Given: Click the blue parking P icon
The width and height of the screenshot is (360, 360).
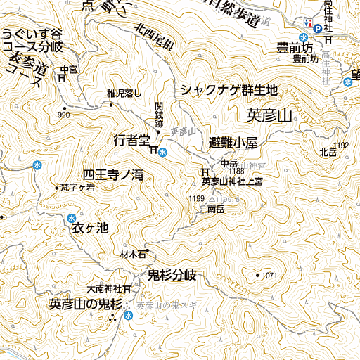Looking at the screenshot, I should pos(317,29).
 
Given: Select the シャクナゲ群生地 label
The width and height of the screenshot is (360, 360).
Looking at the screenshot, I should pos(229,90).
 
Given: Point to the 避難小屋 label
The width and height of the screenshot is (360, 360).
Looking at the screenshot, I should pos(233,142).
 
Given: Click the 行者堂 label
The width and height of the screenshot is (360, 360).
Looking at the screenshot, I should pos(131,141).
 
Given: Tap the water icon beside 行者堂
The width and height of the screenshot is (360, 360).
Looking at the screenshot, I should pos(162,151).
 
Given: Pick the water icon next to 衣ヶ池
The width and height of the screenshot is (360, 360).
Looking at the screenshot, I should pos(72,219).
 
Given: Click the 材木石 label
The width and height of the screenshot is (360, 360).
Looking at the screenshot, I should pos(132,254).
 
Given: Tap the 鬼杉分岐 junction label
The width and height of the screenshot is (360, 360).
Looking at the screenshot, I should pos(172,274).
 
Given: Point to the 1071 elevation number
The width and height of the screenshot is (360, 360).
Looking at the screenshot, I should pos(271,275).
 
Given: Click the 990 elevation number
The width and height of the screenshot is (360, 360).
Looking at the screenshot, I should pos(64,115).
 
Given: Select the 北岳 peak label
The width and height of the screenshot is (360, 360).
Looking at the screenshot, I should pos(328,152).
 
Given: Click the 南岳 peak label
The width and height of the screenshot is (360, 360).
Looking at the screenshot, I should pos(216,210).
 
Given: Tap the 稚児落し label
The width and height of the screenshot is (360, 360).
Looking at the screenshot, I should pos(124,93).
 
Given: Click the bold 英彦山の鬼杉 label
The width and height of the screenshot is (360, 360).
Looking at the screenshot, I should pos(86,304).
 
